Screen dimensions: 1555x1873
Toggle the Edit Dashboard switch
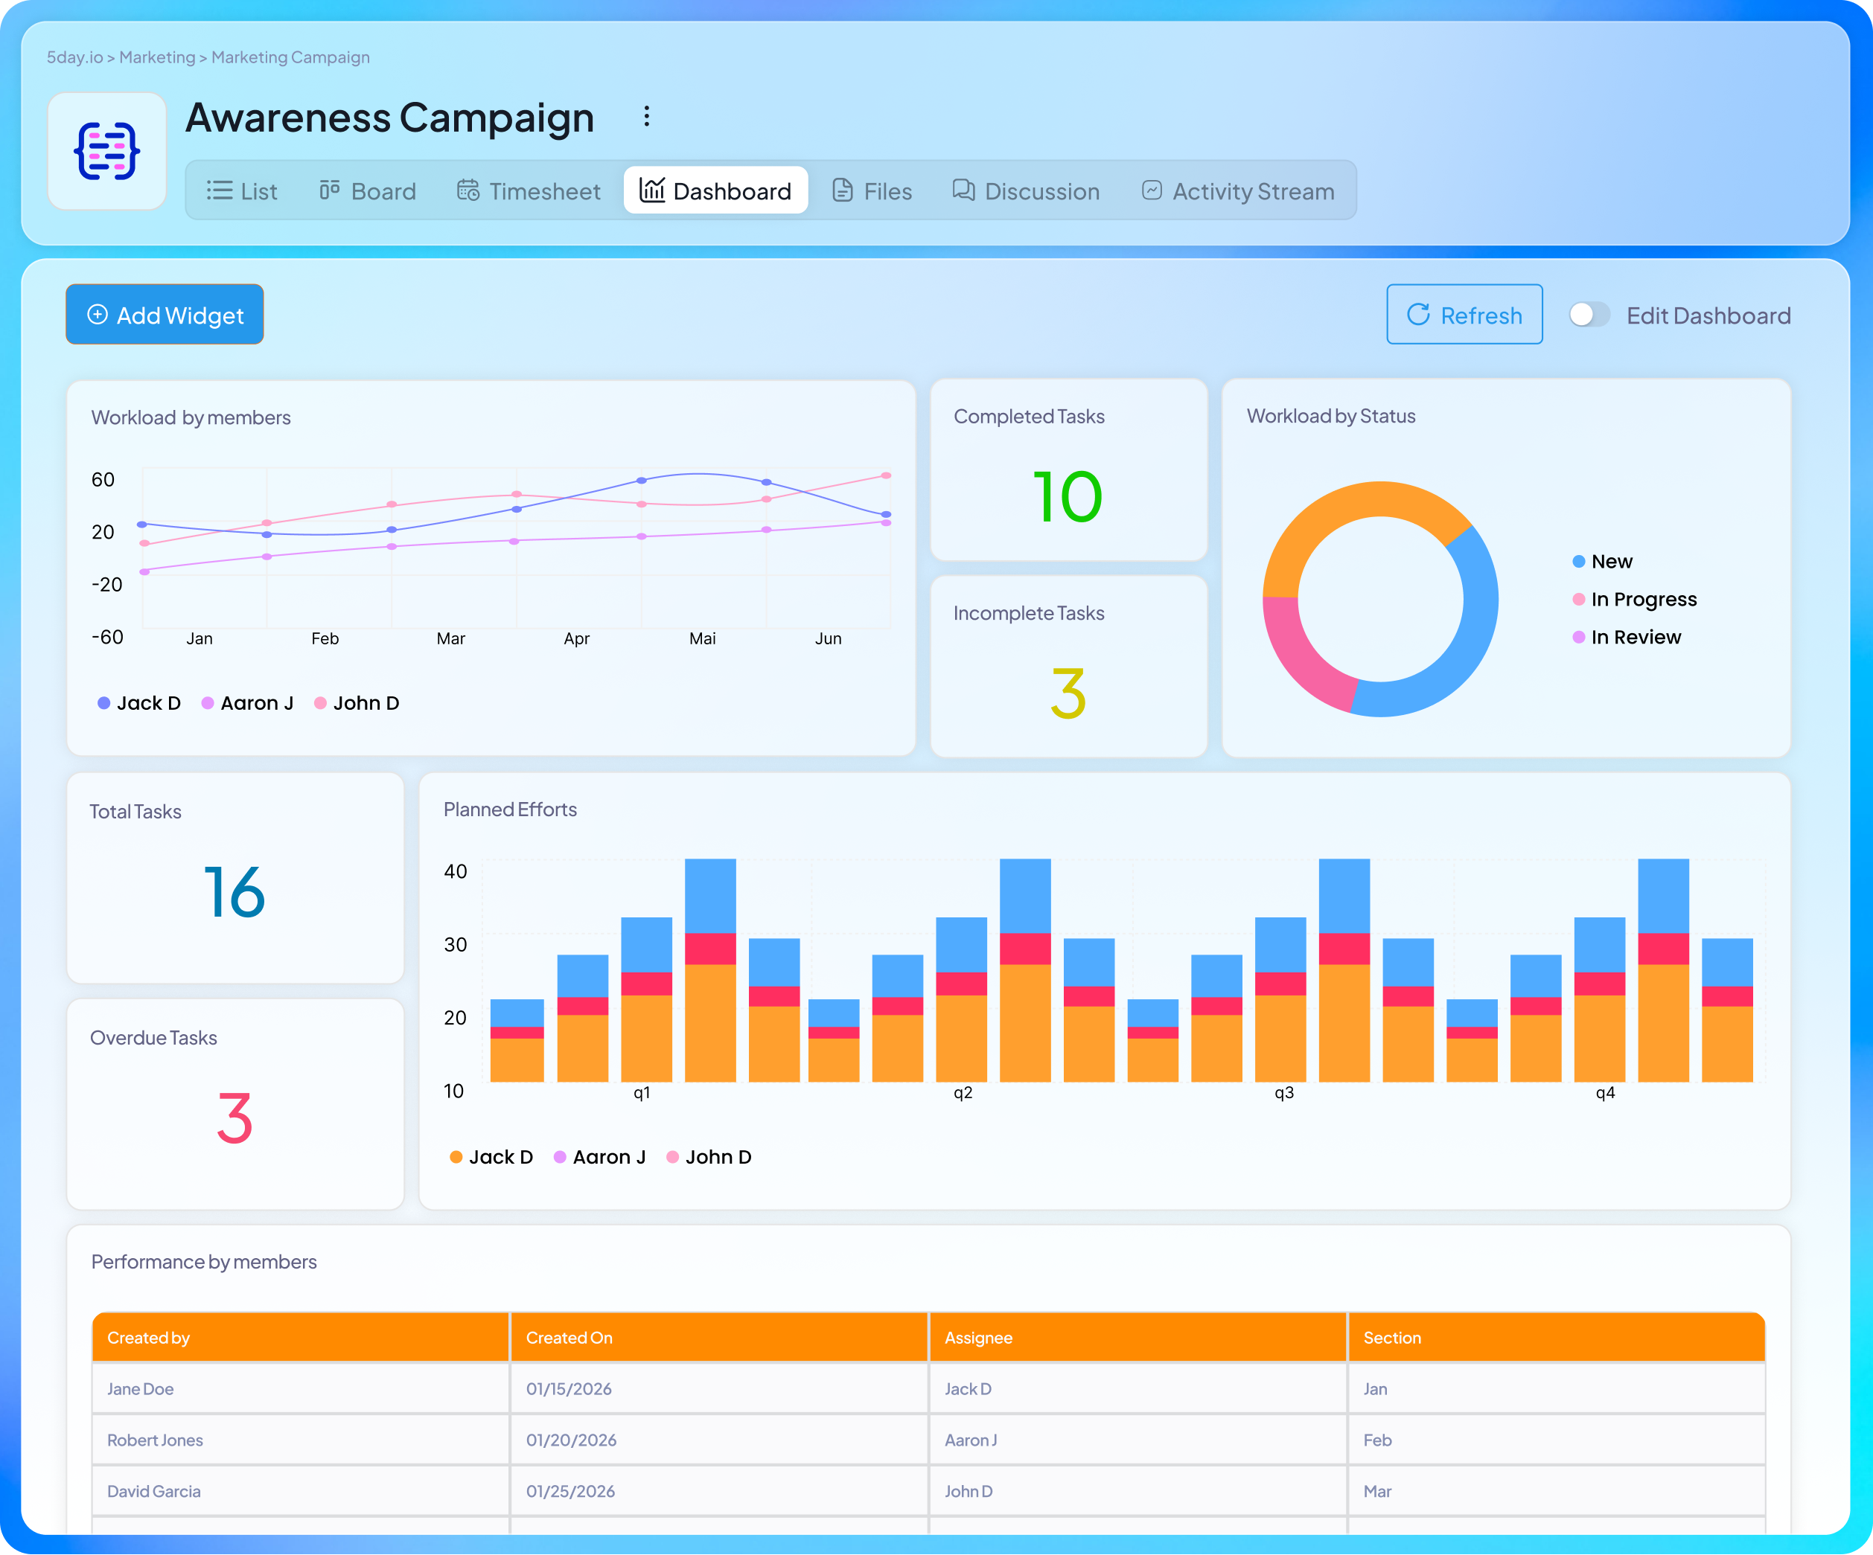[x=1589, y=315]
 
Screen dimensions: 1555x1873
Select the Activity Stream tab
[x=1238, y=190]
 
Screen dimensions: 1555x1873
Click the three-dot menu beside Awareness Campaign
[x=647, y=117]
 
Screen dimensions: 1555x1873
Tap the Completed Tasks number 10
[x=1068, y=497]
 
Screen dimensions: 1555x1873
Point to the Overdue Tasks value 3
[x=234, y=1118]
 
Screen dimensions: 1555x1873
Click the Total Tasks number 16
[x=234, y=891]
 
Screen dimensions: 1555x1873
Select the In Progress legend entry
[x=1643, y=599]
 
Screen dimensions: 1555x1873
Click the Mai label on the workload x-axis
[x=702, y=638]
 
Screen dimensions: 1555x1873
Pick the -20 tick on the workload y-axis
[x=107, y=584]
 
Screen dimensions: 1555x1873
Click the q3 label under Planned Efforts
[x=1283, y=1092]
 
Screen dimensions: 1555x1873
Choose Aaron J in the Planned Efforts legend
[x=608, y=1156]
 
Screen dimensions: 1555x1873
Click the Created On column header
[x=569, y=1338]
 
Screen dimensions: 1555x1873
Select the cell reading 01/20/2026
[x=571, y=1440]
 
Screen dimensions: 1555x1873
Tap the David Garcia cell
[x=153, y=1491]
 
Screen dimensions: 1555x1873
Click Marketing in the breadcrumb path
[x=157, y=57]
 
